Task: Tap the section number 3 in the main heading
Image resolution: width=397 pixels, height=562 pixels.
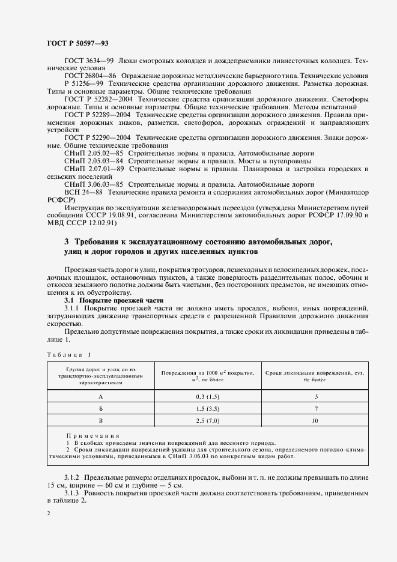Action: (67, 241)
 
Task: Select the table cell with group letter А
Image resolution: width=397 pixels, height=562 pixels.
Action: (100, 396)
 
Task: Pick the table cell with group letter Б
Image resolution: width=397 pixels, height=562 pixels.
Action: (100, 408)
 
